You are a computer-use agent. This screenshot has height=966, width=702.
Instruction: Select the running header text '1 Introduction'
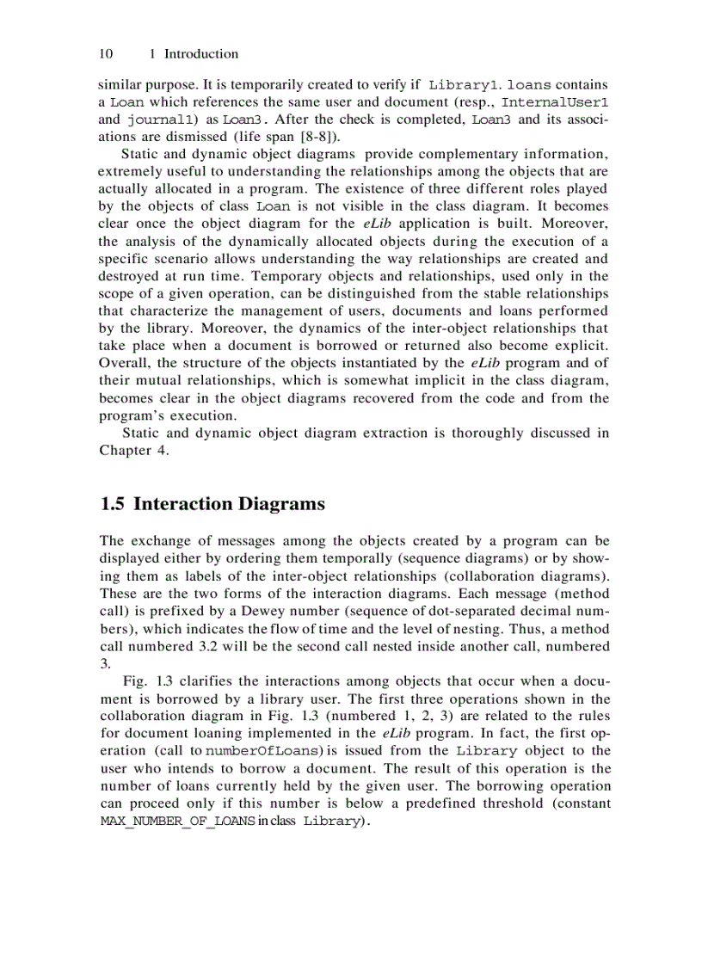[194, 53]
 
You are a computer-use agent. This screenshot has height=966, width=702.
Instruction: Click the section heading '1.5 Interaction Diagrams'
[212, 504]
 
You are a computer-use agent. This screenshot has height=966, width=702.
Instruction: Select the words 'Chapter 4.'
[133, 450]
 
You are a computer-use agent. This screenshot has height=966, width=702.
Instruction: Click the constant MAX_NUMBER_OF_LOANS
[177, 821]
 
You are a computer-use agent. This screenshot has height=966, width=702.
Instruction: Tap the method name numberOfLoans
[263, 751]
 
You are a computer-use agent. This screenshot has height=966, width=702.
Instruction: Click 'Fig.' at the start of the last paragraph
[135, 681]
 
